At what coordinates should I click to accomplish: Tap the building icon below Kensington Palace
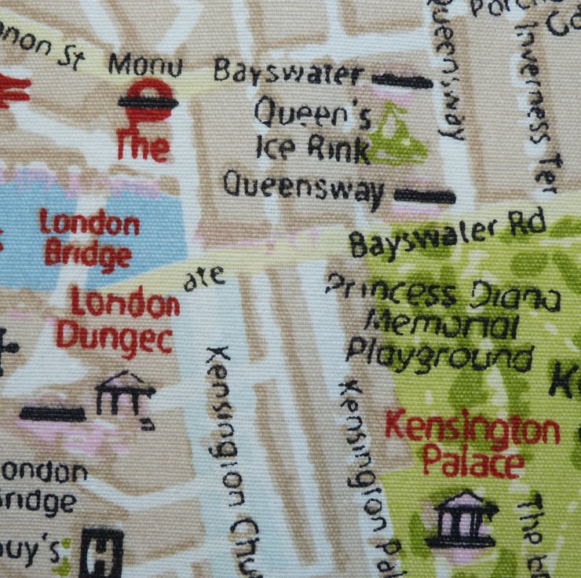[x=462, y=519]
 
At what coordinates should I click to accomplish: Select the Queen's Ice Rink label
[x=312, y=134]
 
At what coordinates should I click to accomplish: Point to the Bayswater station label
[x=289, y=74]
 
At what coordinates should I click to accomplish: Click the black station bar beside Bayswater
[x=403, y=79]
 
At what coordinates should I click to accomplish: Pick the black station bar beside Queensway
[x=424, y=196]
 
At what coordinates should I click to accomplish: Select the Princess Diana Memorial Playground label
[x=442, y=323]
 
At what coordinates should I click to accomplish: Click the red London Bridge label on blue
[x=89, y=238]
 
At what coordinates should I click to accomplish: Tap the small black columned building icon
[x=124, y=396]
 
